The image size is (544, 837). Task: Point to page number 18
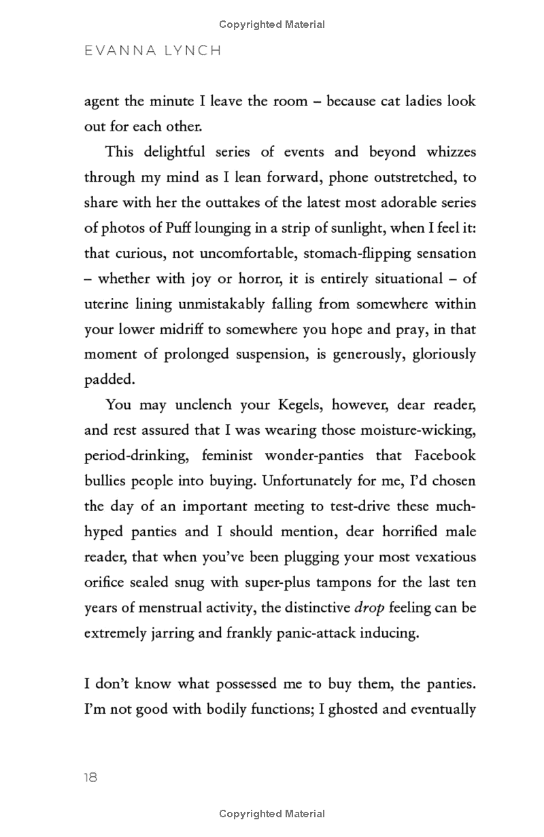tap(90, 777)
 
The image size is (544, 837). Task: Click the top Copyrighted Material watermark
tap(272, 24)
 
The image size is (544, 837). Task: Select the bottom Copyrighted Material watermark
tap(272, 814)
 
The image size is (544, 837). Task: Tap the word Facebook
tap(443, 455)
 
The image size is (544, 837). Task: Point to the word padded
tap(105, 380)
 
